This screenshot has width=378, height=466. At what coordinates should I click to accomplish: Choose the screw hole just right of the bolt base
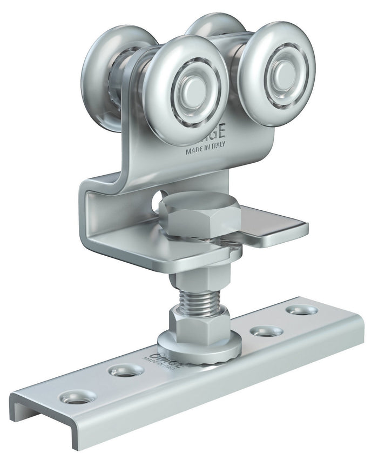coord(266,331)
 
